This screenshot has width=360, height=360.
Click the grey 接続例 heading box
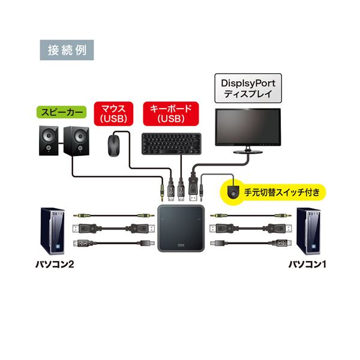(67, 50)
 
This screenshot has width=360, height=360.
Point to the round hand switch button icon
(232, 193)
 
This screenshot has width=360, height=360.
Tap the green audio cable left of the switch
(110, 214)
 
